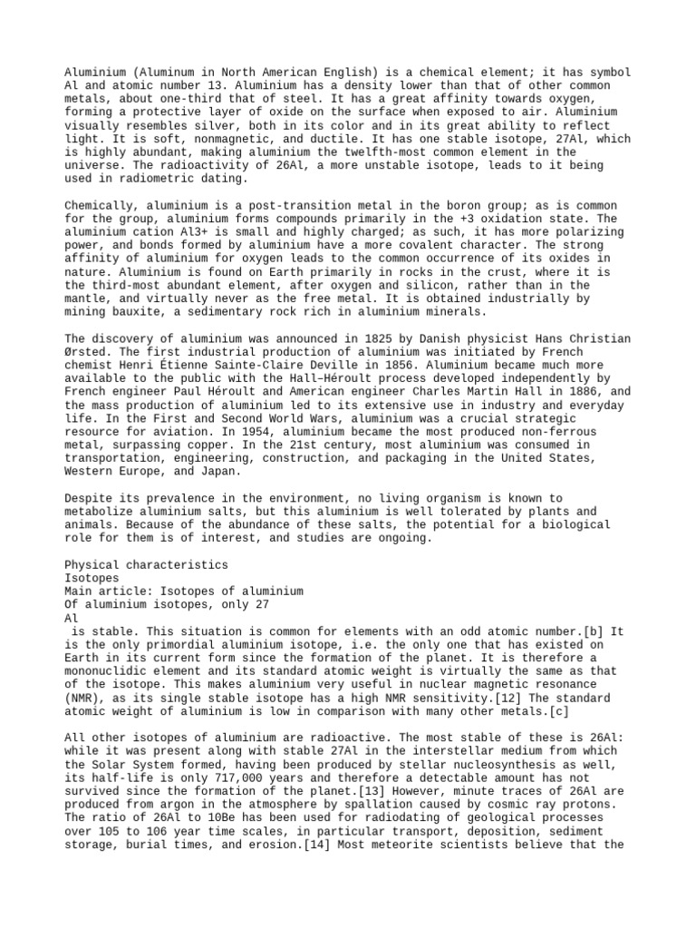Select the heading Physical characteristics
147,565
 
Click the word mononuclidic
108,671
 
